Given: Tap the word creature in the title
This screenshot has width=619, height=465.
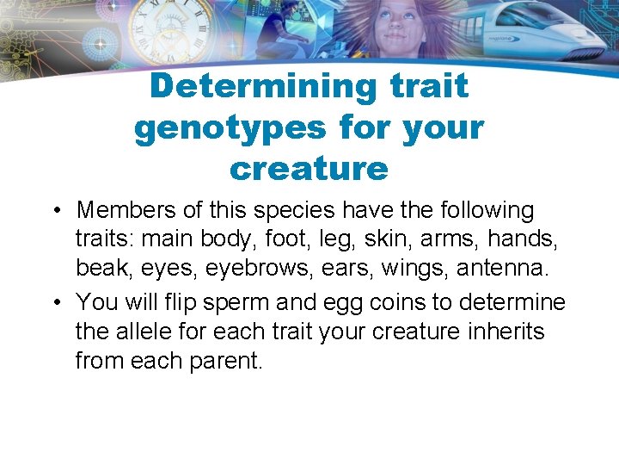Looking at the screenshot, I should click(309, 168).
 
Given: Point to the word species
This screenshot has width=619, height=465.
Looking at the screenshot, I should click(314, 210).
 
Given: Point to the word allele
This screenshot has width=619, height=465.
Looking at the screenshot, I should click(148, 332).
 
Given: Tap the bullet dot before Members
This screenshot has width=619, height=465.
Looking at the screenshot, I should click(56, 211).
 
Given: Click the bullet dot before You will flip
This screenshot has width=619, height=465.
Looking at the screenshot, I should click(56, 303).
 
